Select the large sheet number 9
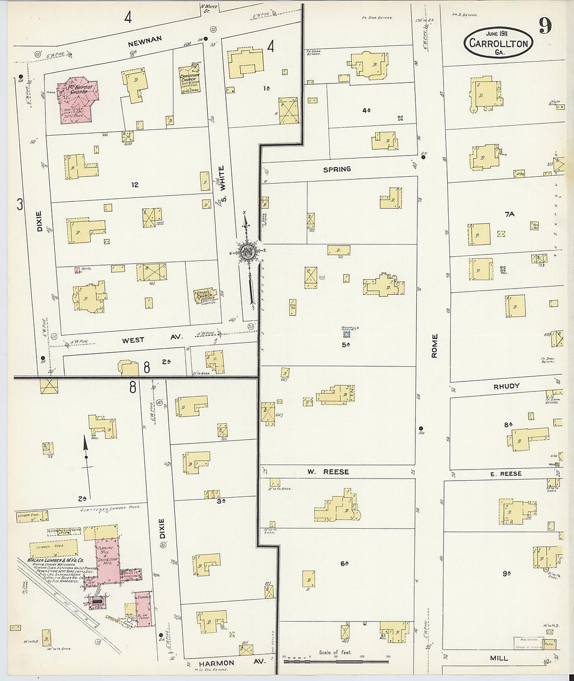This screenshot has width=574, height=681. tap(545, 26)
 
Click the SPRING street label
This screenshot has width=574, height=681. tap(337, 170)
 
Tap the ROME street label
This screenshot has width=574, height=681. tap(434, 345)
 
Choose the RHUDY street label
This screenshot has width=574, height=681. tap(507, 387)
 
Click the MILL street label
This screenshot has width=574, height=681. tap(499, 658)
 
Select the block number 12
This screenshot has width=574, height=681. tap(135, 185)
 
